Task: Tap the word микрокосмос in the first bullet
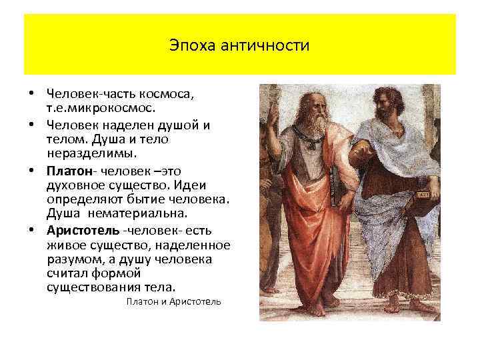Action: pos(122,107)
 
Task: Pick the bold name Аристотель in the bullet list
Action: pos(83,231)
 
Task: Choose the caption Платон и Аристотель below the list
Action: pos(173,302)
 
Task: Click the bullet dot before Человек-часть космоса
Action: pos(31,94)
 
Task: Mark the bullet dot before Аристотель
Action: pos(31,231)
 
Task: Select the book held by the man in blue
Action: pos(421,199)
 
